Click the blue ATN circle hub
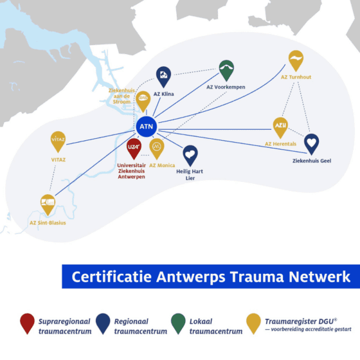(147, 127)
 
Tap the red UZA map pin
(134, 148)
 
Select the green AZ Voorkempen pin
(226, 71)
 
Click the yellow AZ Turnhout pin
(296, 60)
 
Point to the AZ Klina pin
(163, 77)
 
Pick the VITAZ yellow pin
(58, 141)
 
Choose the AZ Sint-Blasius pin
(48, 205)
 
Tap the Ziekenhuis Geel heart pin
(312, 144)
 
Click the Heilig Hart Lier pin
(190, 156)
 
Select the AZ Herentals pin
(280, 128)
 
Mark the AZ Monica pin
(157, 148)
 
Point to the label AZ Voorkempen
(226, 87)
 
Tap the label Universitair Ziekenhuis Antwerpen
(131, 171)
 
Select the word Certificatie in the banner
(112, 276)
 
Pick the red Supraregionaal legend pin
(27, 323)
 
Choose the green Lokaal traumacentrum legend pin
(178, 323)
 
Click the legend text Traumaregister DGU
(301, 321)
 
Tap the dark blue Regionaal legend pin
(103, 323)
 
